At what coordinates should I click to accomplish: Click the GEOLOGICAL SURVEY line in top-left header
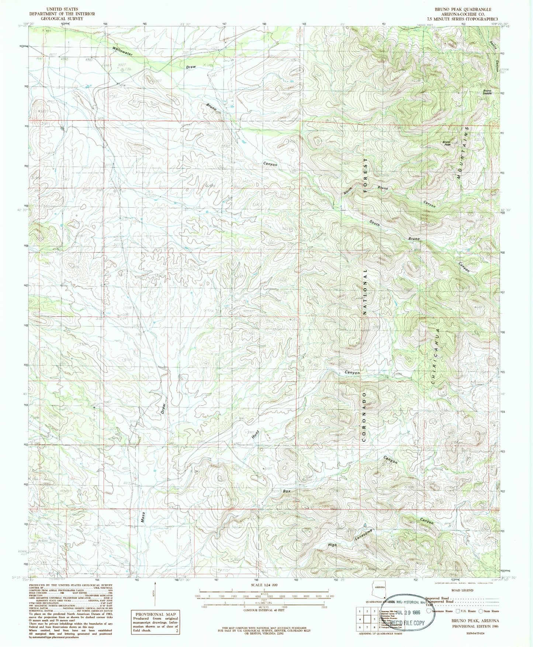(x=63, y=18)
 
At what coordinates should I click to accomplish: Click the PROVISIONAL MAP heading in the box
(x=155, y=614)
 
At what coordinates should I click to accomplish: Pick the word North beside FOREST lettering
(x=348, y=191)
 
